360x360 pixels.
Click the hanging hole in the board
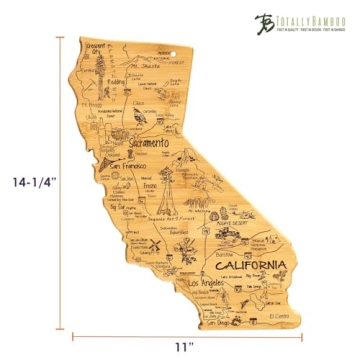coord(177,46)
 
